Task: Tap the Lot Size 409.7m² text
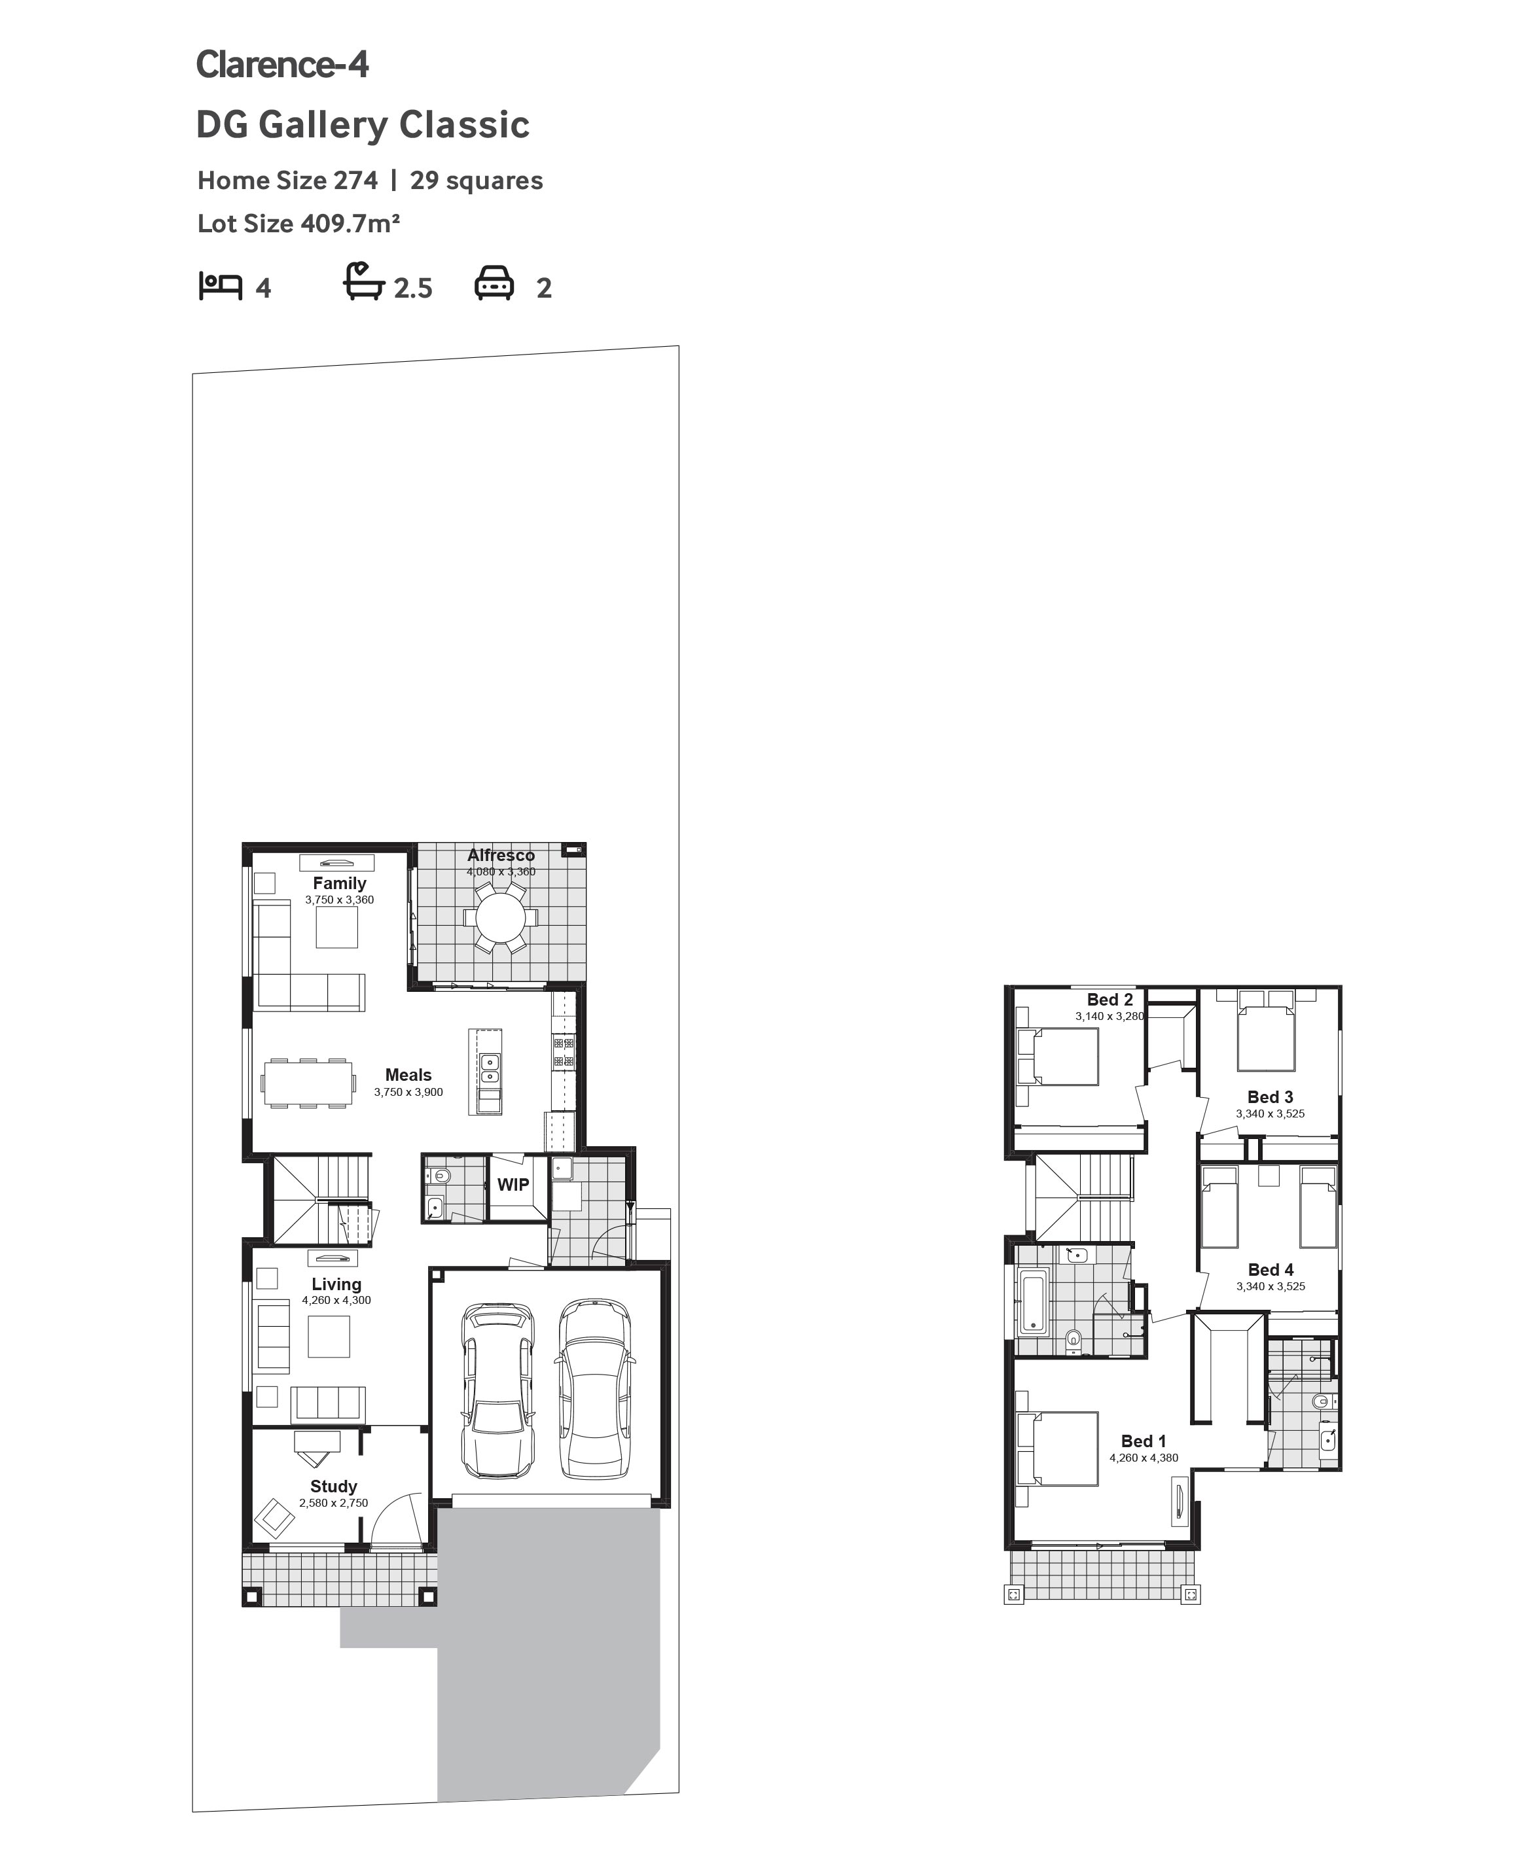(298, 223)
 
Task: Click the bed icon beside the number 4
(220, 286)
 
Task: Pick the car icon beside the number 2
(494, 283)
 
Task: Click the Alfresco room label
(501, 854)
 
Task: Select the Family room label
(339, 883)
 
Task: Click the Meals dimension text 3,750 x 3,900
(408, 1092)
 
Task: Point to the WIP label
(513, 1185)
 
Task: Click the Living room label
(336, 1284)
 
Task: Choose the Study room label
(334, 1486)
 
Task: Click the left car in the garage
(498, 1390)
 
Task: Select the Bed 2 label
(1110, 999)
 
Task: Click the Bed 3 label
(1270, 1097)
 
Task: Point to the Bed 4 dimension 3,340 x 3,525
(1271, 1286)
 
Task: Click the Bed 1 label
(1144, 1441)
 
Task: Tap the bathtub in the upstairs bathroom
(1032, 1301)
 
